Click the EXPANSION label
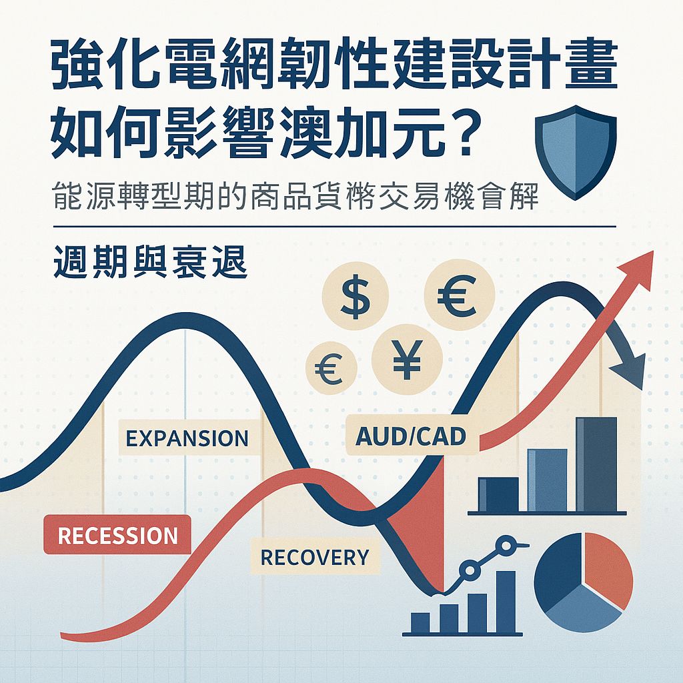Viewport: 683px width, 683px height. (187, 439)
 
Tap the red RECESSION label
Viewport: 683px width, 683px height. (117, 536)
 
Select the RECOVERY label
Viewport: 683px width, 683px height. (314, 557)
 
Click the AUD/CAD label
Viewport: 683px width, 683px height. (411, 436)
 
